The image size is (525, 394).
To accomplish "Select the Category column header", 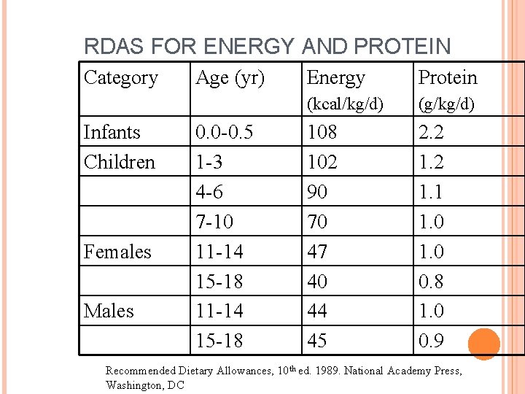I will [x=121, y=77].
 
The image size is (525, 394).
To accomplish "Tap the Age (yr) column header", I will [x=230, y=77].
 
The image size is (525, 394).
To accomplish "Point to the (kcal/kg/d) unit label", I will [x=345, y=104].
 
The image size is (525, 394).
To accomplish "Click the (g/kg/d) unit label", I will [x=446, y=104].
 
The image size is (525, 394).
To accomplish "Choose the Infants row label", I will [x=112, y=132].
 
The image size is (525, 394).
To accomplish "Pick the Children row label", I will [x=120, y=162].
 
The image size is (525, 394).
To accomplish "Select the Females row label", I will [x=117, y=252].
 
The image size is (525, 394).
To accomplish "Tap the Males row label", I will [x=109, y=311].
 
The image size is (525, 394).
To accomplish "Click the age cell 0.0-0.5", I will [x=224, y=132].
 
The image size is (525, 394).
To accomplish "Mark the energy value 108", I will [x=322, y=132].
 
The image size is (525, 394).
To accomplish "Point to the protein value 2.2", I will [x=431, y=132].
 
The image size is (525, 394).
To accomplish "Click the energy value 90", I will [x=317, y=192].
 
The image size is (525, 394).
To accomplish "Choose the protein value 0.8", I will [x=431, y=281].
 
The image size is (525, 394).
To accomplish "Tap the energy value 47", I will [x=317, y=252].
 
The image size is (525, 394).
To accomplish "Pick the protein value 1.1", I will [x=431, y=192].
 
